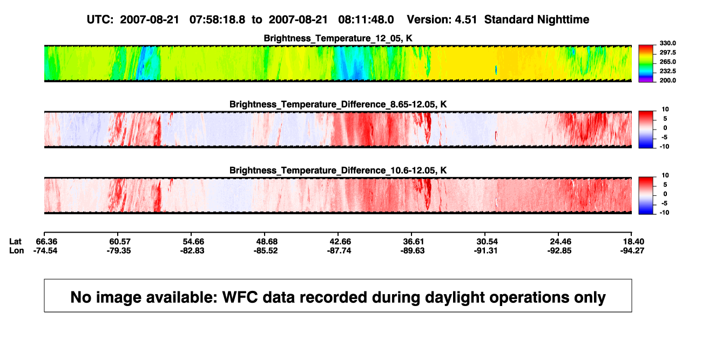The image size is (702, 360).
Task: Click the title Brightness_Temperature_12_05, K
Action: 338,38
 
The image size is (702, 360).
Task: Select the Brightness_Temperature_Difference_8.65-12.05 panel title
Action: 338,104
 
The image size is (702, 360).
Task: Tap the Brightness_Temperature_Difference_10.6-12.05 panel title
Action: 338,171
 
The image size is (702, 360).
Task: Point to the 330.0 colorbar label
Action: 667,43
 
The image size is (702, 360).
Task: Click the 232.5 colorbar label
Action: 667,71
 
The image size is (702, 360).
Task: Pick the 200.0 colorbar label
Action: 667,80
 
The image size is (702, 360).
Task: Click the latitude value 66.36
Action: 46,242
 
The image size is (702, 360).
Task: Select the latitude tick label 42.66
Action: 340,242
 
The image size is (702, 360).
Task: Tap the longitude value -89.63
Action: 413,250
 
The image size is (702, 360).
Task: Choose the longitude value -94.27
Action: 632,250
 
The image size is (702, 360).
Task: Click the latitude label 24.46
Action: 561,242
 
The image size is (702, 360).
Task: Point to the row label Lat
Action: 15,242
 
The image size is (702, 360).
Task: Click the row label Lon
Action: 16,250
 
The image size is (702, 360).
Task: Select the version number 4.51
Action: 465,20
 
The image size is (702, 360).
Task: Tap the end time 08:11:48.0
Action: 366,20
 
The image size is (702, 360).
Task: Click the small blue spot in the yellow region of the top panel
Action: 496,70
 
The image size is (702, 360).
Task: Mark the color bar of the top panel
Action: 646,64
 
